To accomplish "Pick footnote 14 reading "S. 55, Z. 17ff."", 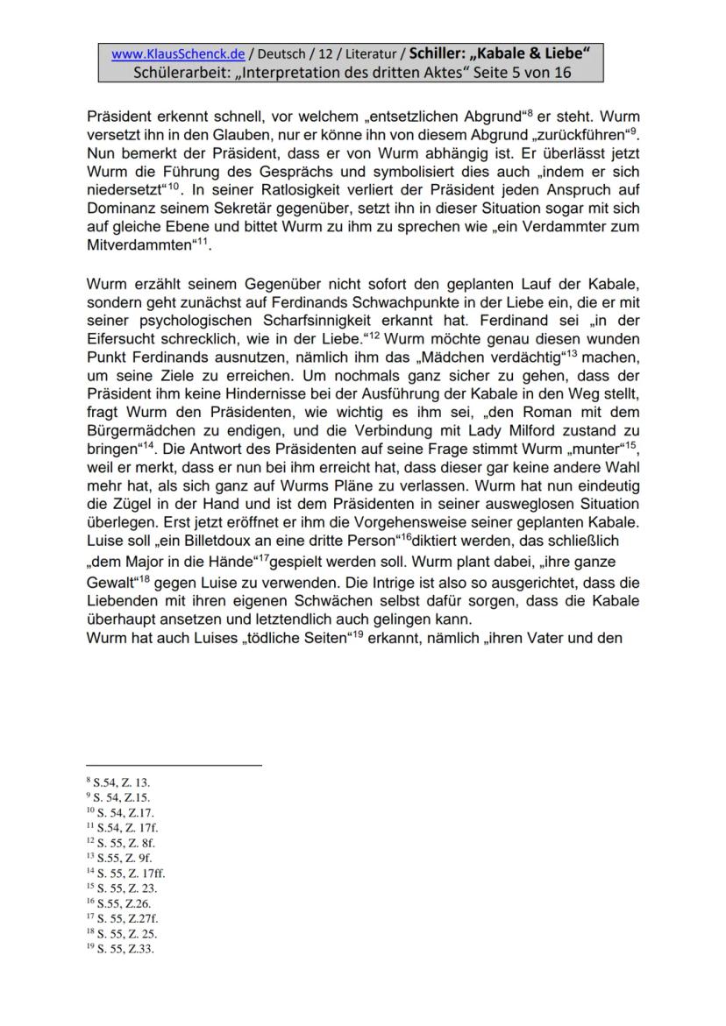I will pos(126,873).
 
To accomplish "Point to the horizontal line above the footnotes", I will pos(174,766).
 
